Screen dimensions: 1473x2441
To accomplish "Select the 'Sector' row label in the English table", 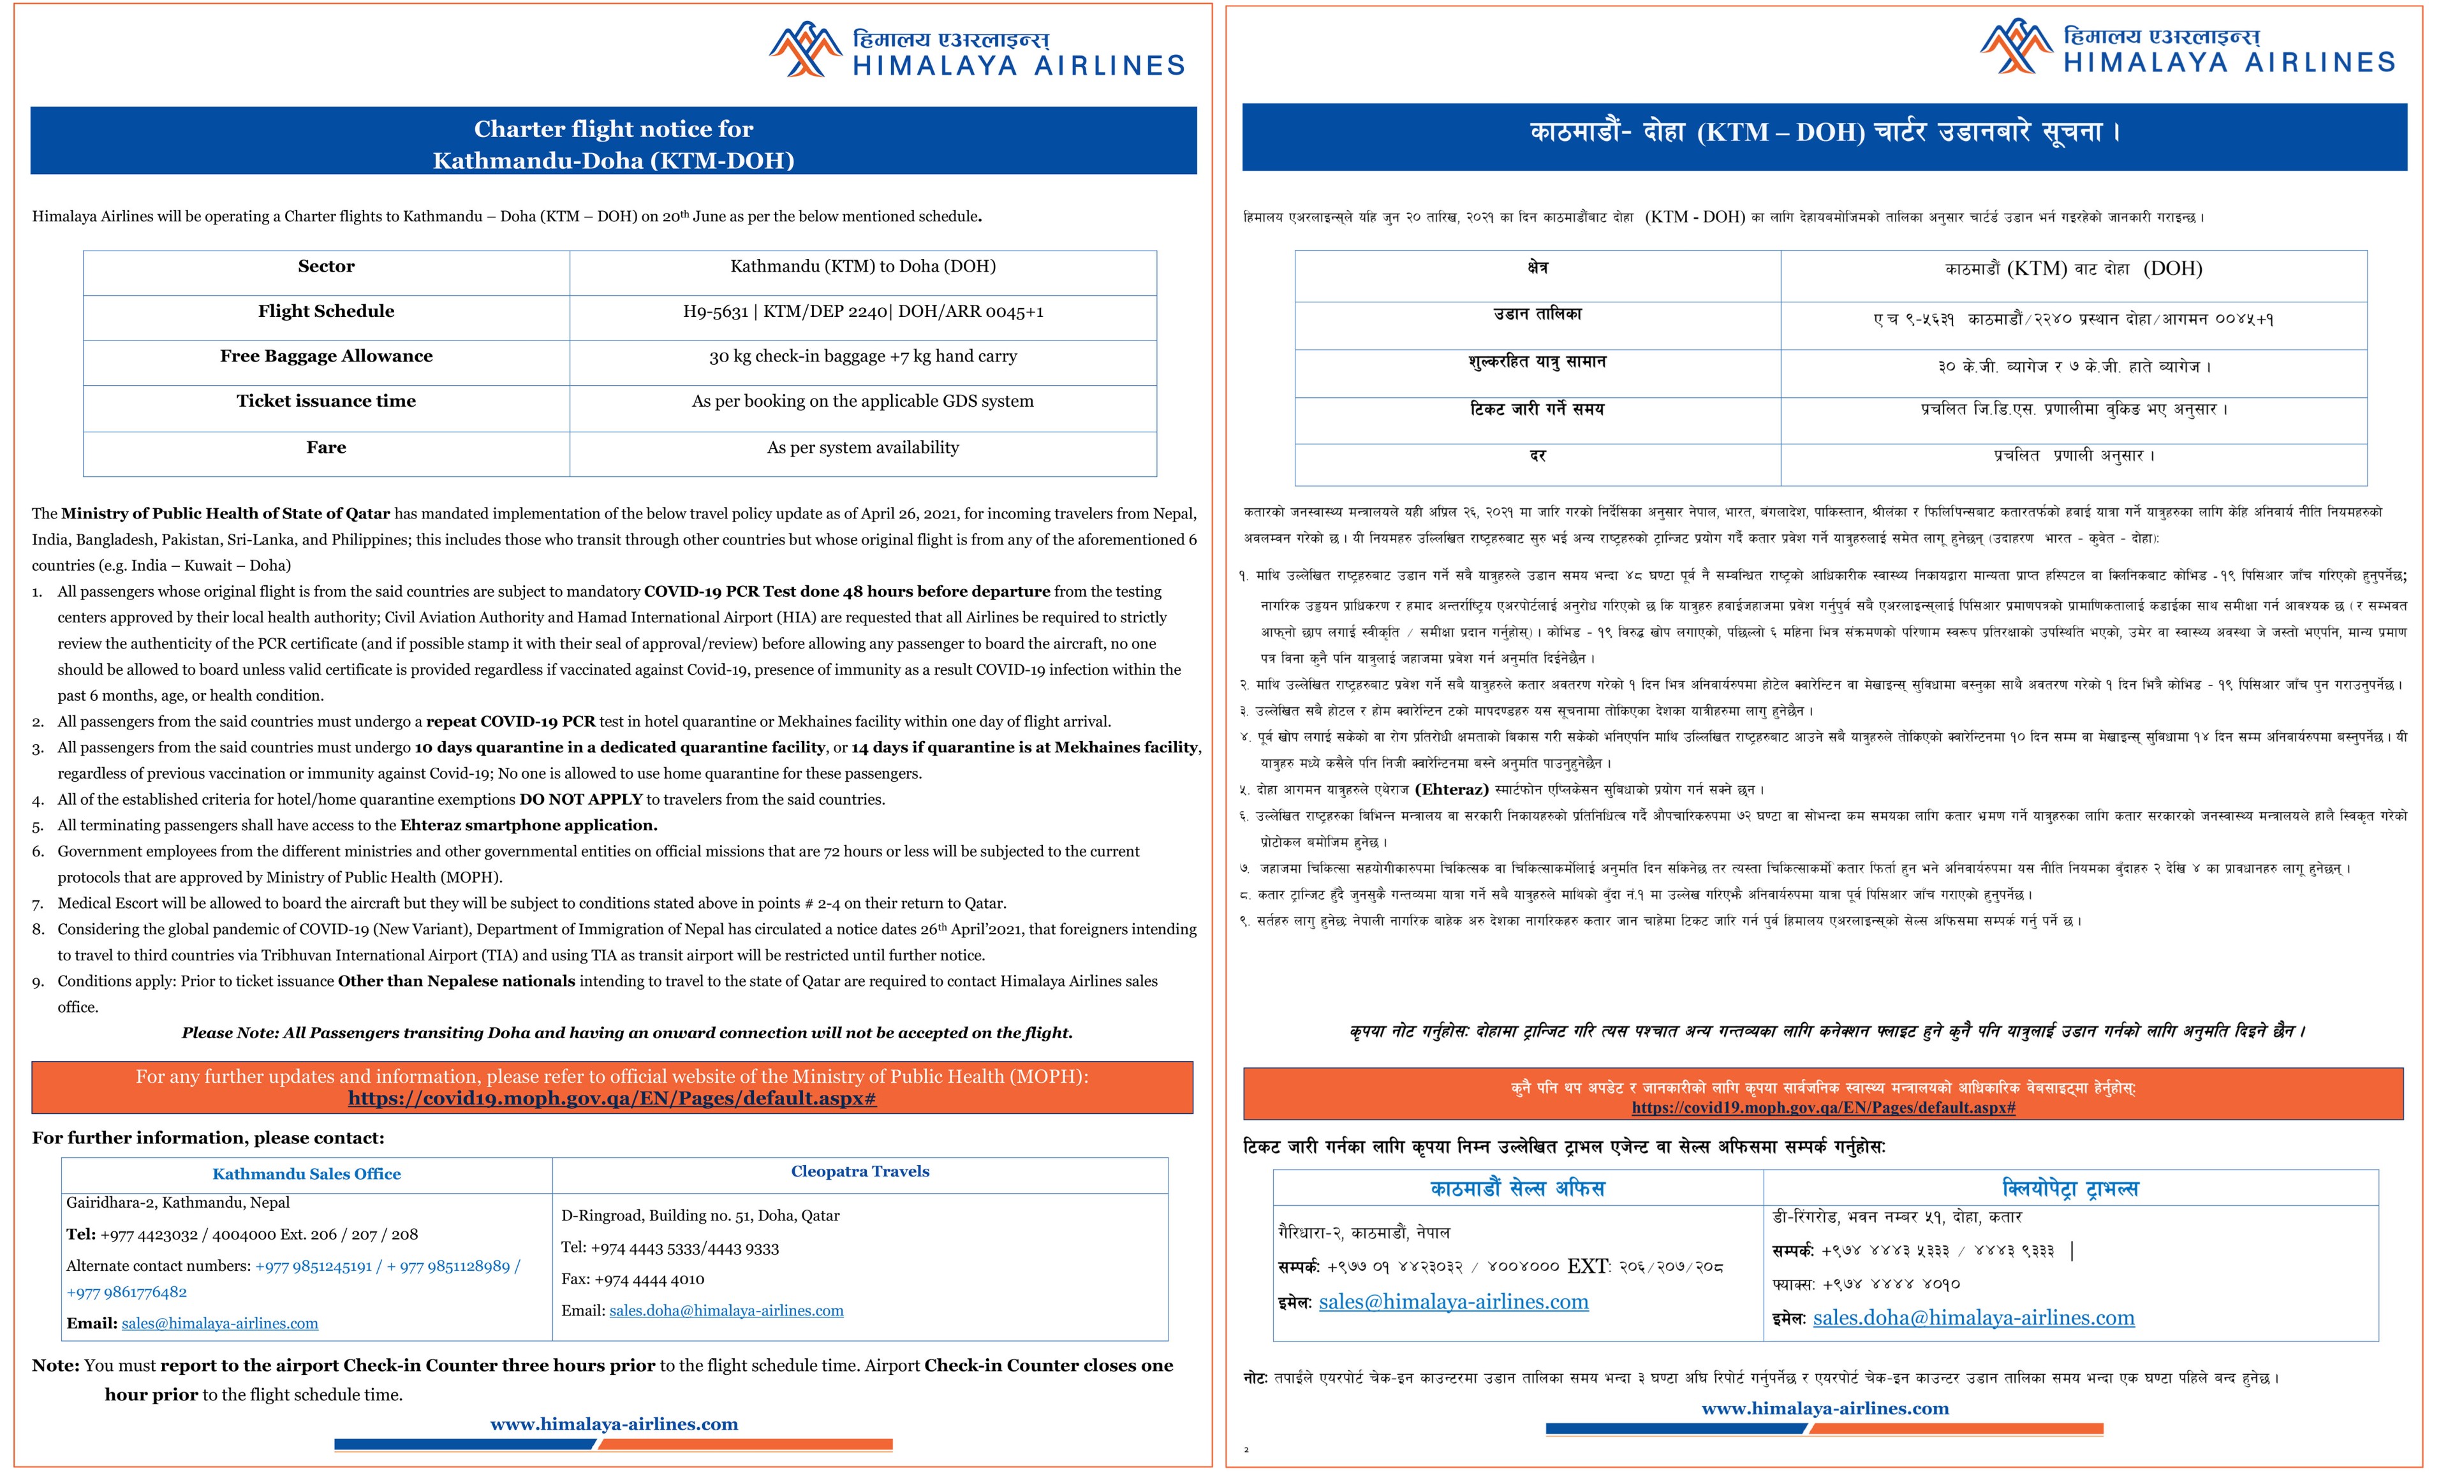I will click(x=326, y=267).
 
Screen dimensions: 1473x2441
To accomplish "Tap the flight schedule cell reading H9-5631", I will click(x=862, y=312).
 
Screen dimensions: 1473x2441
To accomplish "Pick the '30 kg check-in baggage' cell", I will click(x=862, y=356).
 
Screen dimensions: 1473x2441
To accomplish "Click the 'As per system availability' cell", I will click(x=862, y=448).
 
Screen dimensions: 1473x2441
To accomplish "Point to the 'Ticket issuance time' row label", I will click(x=326, y=401).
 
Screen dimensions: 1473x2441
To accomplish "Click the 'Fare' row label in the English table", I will click(x=326, y=448).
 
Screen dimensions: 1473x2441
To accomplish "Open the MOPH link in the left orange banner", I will click(x=611, y=1099).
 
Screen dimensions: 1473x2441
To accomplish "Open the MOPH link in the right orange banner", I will click(x=1823, y=1108).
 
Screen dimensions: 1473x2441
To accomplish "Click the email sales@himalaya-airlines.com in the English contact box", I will click(x=220, y=1323).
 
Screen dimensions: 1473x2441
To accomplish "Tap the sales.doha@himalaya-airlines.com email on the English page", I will click(x=726, y=1310).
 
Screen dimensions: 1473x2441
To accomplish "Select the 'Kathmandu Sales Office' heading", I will click(x=306, y=1174).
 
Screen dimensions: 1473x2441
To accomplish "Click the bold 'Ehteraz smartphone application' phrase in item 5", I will click(x=528, y=825).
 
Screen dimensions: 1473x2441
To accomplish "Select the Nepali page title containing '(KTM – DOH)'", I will click(x=1824, y=133).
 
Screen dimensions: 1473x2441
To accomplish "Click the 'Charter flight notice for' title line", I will click(x=613, y=129).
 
